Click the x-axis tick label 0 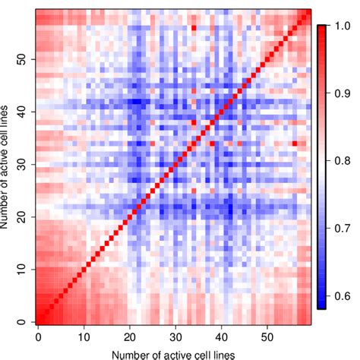[37, 336]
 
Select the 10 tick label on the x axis [84, 336]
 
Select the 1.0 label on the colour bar [341, 26]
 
